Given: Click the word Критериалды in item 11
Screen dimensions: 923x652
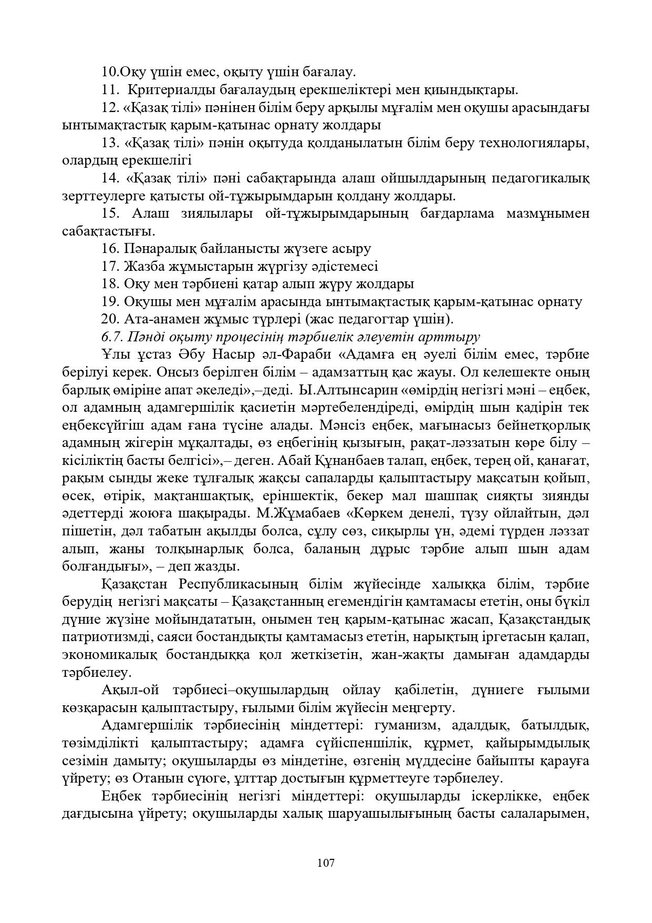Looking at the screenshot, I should click(x=169, y=89).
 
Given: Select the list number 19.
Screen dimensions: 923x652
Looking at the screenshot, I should click(x=111, y=302).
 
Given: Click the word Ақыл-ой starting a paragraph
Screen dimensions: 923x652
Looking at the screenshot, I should click(x=127, y=691).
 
